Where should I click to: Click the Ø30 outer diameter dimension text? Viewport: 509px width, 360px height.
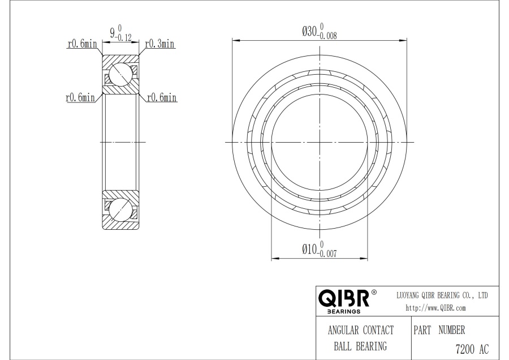309,32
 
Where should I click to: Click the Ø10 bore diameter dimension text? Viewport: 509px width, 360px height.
309,249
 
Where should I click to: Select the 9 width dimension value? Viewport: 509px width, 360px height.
113,33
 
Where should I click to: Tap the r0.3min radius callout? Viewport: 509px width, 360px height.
159,44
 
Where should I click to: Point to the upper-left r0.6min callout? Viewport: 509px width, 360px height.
82,44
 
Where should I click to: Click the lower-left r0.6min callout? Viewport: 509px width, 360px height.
80,97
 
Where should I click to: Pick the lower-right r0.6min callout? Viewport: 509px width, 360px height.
162,97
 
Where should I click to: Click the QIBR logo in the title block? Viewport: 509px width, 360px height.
344,298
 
